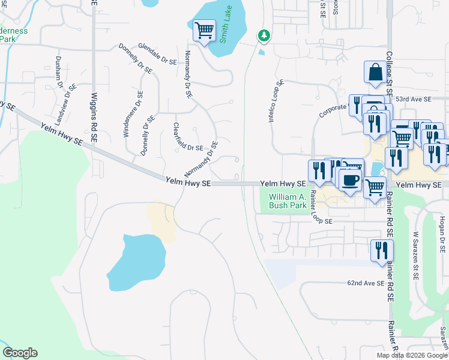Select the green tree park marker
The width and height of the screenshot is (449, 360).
pos(264,37)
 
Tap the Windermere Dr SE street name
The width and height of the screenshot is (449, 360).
pos(133,114)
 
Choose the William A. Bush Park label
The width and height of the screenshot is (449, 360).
pos(288,201)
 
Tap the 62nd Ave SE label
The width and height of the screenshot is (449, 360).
pos(365,283)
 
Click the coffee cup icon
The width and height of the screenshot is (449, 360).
pos(351,179)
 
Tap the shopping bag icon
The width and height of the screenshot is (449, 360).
pos(375,72)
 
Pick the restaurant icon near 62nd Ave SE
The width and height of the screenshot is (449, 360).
pos(381,250)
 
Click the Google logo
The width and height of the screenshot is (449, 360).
pos(20,353)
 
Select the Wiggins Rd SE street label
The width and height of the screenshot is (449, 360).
pos(94,117)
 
